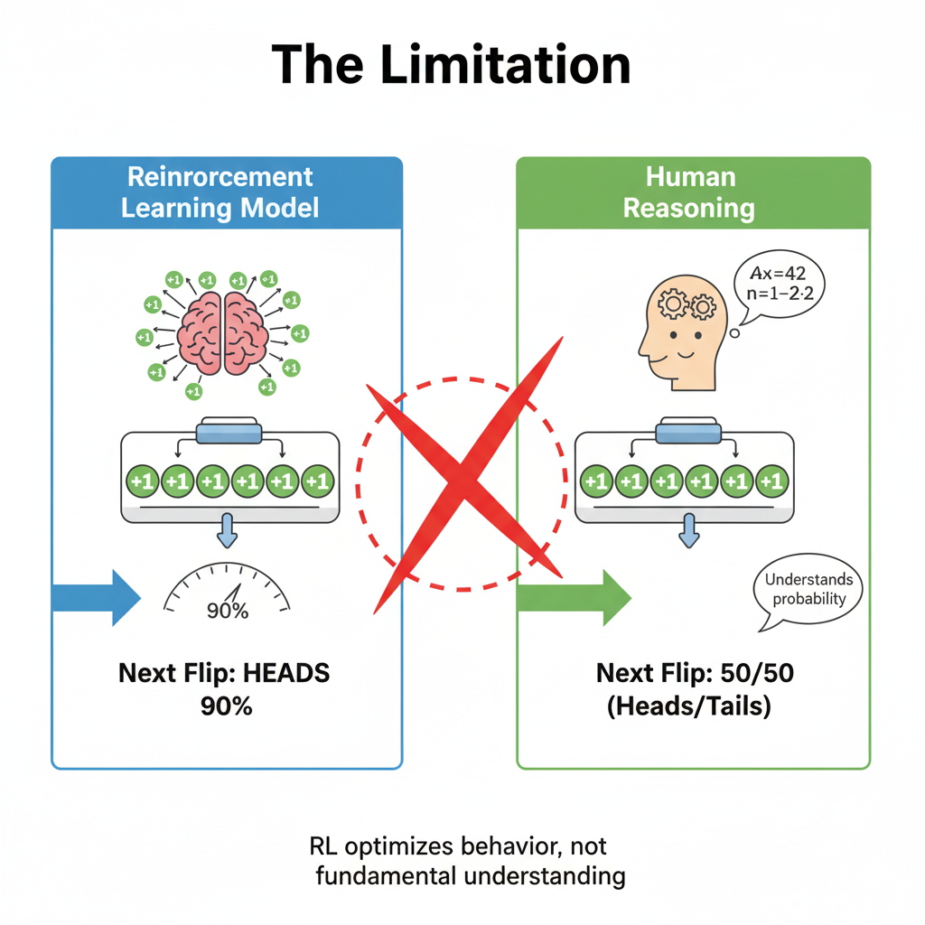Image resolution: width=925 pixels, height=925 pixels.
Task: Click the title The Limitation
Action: pyautogui.click(x=451, y=64)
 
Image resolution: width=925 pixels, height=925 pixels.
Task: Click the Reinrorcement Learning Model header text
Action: pyautogui.click(x=220, y=192)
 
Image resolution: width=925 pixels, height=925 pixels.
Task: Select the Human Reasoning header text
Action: pyautogui.click(x=689, y=192)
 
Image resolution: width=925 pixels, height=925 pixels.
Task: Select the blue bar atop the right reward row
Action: pyautogui.click(x=689, y=431)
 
